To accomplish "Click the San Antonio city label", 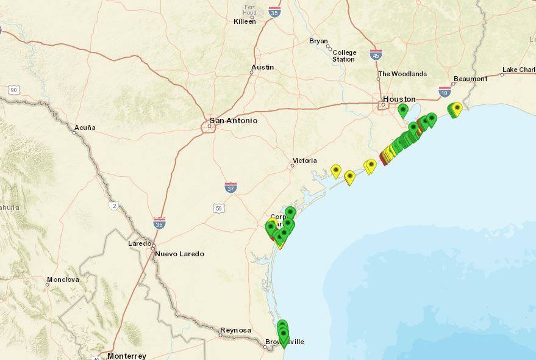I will (x=233, y=120).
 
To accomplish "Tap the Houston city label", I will (x=399, y=99).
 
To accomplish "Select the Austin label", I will (x=262, y=67).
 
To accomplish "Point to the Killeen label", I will (x=245, y=21).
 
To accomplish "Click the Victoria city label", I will (x=304, y=160).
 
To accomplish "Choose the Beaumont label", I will (x=471, y=79).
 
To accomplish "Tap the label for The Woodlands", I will (x=402, y=74).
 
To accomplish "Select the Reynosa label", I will (x=235, y=330).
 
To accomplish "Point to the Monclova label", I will (x=63, y=279).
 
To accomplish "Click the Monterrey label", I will (x=126, y=356).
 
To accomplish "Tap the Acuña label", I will (x=85, y=128).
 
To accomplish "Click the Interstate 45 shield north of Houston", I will (x=376, y=54).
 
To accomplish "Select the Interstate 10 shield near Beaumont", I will (x=445, y=92).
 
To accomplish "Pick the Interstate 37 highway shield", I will (x=230, y=187).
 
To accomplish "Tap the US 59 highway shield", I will (x=220, y=208).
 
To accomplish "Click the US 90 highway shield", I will (x=13, y=90).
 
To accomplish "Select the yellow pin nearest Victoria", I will (x=335, y=171).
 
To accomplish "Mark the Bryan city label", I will (x=318, y=41).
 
